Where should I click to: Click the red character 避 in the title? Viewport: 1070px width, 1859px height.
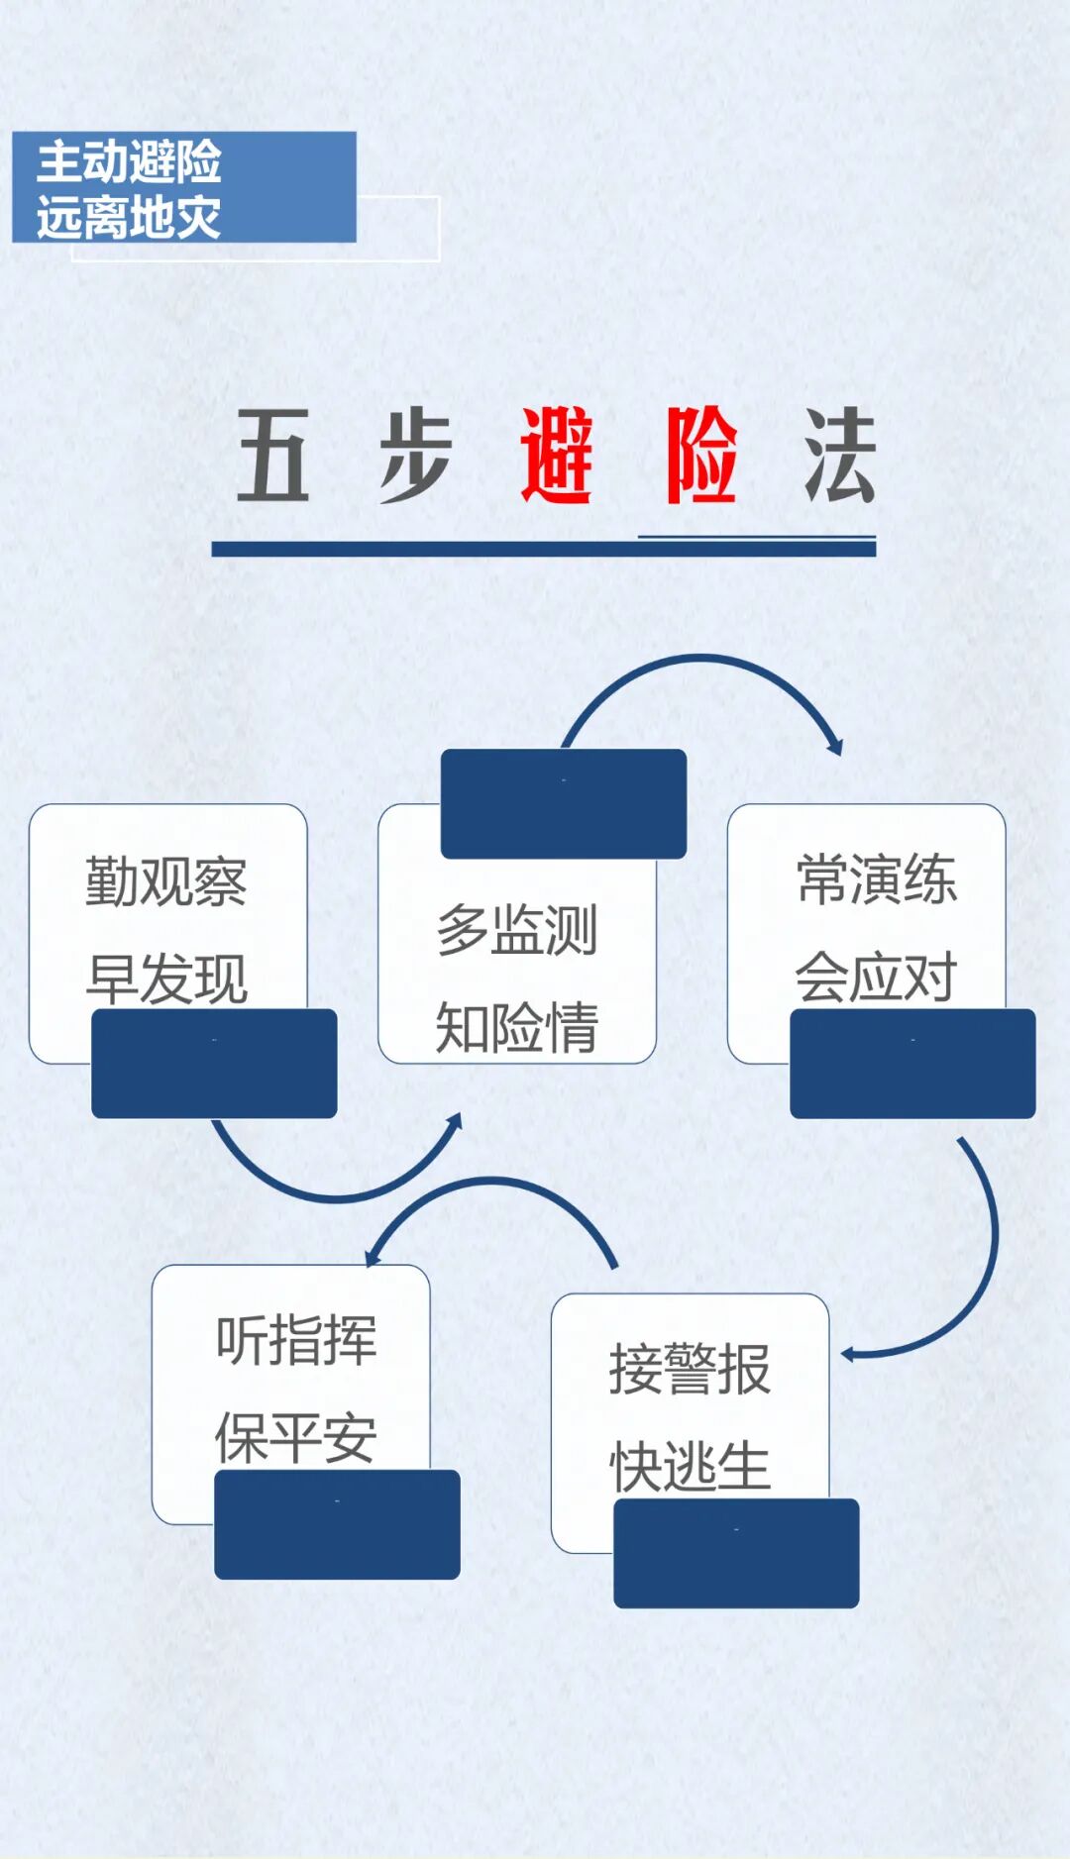click(x=557, y=456)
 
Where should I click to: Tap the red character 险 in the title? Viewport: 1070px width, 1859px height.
click(x=701, y=456)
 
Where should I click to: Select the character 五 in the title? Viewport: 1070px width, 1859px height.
click(x=273, y=456)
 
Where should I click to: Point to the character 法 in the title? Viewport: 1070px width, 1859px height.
click(x=840, y=456)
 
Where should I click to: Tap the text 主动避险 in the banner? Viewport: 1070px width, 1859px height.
click(x=129, y=161)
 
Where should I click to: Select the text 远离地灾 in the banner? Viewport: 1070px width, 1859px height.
click(x=129, y=217)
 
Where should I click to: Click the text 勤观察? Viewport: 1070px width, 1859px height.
click(x=166, y=881)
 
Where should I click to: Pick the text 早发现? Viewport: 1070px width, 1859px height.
click(x=166, y=979)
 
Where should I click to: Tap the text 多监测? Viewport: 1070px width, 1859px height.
click(x=516, y=930)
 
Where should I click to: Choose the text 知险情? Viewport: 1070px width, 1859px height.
click(x=516, y=1027)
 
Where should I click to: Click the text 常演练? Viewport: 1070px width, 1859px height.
click(x=877, y=879)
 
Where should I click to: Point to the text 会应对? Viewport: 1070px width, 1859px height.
click(x=877, y=977)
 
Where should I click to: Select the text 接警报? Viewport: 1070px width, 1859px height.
click(x=690, y=1370)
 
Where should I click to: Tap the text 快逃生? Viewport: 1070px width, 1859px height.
click(x=690, y=1467)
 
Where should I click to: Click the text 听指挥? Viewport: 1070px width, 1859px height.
click(x=296, y=1341)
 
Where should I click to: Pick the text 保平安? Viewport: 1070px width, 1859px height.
click(x=296, y=1438)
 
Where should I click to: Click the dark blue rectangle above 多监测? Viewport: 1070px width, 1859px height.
click(x=563, y=803)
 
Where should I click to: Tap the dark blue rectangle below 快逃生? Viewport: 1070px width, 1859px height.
click(x=736, y=1553)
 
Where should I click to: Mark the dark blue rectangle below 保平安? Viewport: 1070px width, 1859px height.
click(x=337, y=1524)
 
